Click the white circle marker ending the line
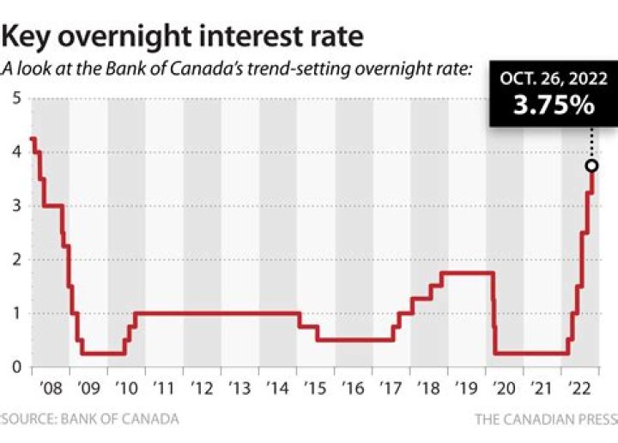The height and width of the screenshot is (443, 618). tap(591, 166)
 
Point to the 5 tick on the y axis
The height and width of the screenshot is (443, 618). tap(16, 98)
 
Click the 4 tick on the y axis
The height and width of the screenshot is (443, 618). tap(16, 152)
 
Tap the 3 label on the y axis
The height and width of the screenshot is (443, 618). tap(16, 206)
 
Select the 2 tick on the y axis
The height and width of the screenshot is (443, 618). tap(16, 259)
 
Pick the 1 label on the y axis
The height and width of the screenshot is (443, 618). tap(16, 313)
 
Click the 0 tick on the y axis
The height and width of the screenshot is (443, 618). tap(16, 367)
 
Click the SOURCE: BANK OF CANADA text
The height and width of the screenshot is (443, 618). tap(89, 419)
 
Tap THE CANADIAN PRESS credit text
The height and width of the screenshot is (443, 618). tap(545, 419)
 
